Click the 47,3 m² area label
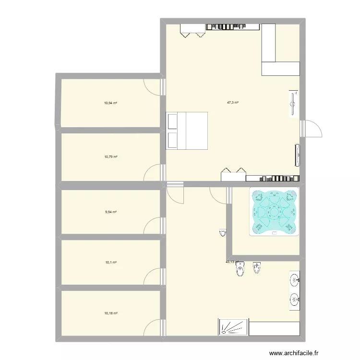[x=233, y=102]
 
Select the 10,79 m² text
[x=111, y=156]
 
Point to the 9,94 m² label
[x=111, y=212]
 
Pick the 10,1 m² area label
[x=111, y=262]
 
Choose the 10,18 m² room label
[x=111, y=313]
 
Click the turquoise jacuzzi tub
[x=274, y=211]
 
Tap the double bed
[x=187, y=131]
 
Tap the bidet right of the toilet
[x=257, y=268]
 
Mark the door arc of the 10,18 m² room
[x=153, y=330]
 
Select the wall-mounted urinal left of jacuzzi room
[x=222, y=233]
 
